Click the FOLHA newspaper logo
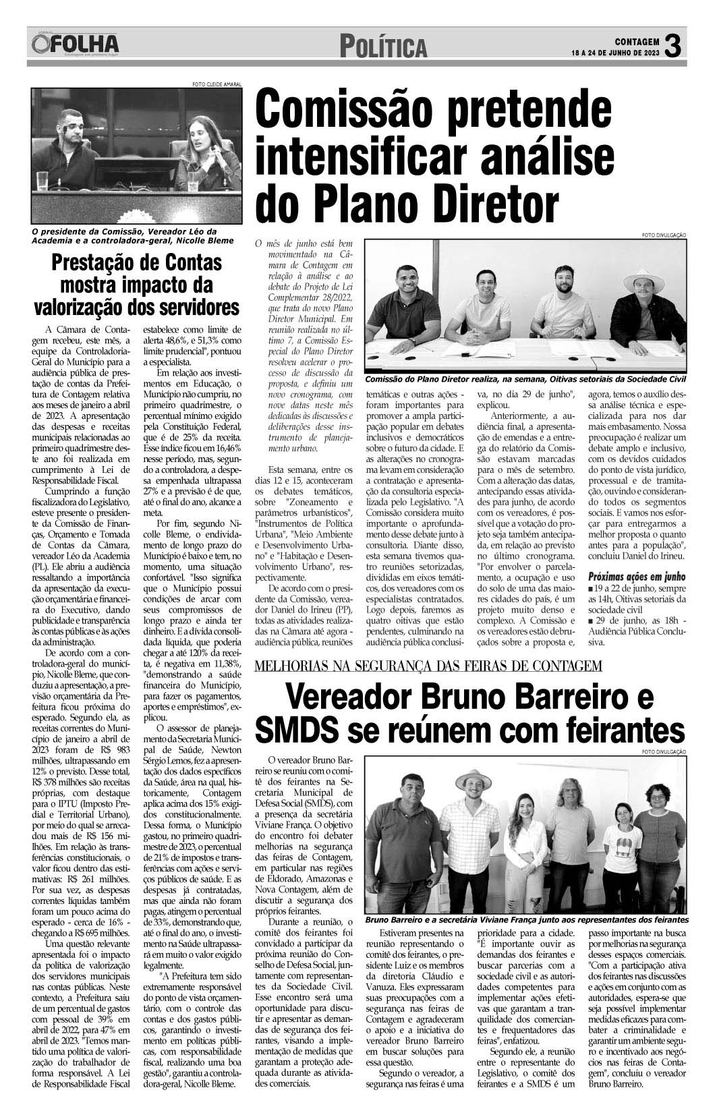[x=74, y=45]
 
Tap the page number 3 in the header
[x=675, y=46]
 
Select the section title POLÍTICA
[x=384, y=47]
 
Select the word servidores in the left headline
[x=191, y=307]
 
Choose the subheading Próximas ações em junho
[x=637, y=577]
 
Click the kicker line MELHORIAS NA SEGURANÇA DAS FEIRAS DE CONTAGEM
[x=428, y=667]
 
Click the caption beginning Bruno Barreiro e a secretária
[x=526, y=920]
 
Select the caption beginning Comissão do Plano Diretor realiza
[x=525, y=380]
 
